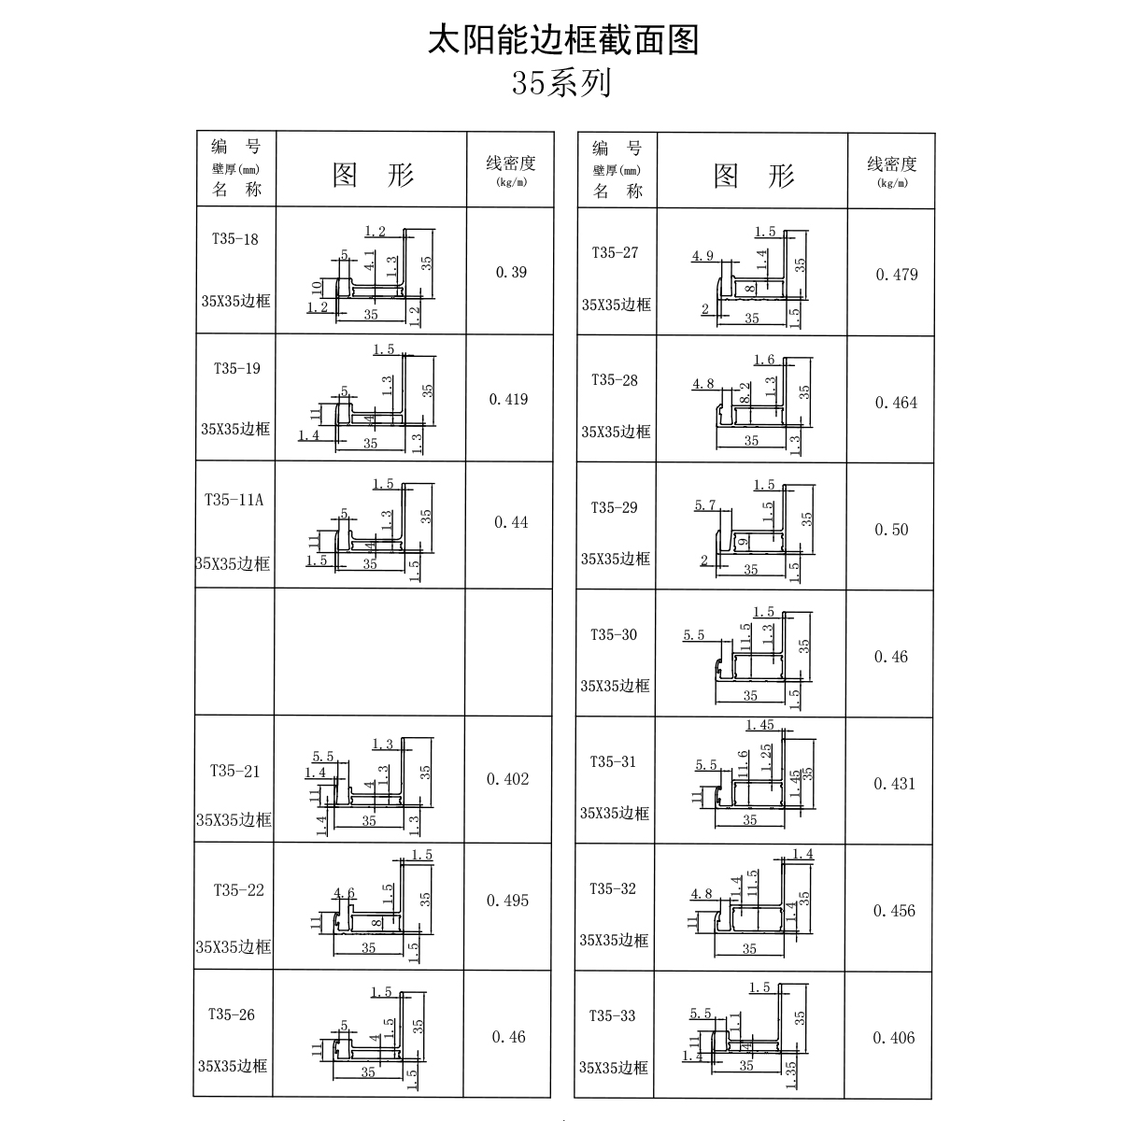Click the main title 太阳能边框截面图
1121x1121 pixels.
point(563,40)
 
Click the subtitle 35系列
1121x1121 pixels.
point(561,83)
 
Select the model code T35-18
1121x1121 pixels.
point(235,239)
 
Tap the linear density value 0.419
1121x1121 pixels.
point(508,399)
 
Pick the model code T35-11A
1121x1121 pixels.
point(234,500)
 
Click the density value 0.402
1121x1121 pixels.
point(508,779)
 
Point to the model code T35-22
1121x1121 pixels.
point(238,890)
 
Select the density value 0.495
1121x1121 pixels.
point(508,901)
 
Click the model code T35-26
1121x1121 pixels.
point(232,1015)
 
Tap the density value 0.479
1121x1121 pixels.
point(897,275)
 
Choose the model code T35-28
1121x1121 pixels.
point(615,380)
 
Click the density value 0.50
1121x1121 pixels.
point(891,530)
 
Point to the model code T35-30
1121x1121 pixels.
point(614,634)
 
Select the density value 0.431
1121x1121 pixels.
point(895,784)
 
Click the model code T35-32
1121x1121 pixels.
point(613,889)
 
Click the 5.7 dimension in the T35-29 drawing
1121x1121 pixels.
point(705,505)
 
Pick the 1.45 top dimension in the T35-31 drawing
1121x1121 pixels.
point(759,725)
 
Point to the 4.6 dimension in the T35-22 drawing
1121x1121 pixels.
point(344,893)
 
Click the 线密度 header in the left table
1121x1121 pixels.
point(511,163)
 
